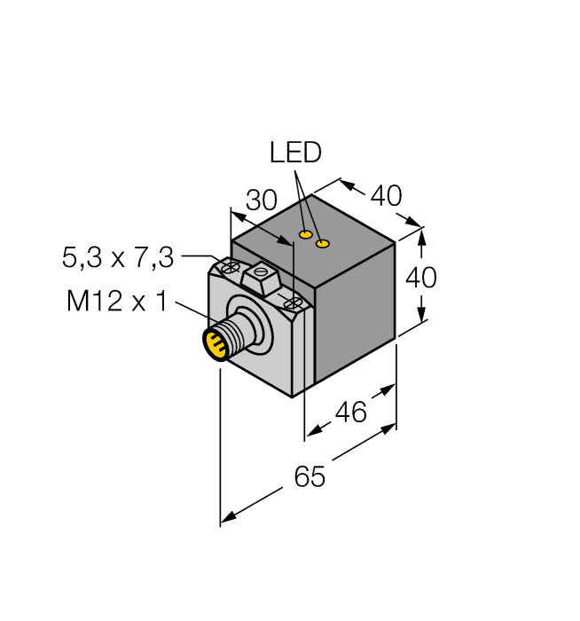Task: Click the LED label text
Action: click(295, 153)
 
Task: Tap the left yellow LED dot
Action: click(305, 235)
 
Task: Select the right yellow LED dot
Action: click(324, 243)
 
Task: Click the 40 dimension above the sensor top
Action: click(386, 195)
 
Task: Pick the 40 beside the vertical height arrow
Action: click(420, 278)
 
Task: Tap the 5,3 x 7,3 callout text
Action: click(117, 258)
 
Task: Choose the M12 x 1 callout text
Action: click(116, 302)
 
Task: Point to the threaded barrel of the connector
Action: click(232, 334)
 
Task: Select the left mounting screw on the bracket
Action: click(231, 266)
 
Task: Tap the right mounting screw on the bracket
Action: click(291, 304)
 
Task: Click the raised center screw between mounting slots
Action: click(261, 276)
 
